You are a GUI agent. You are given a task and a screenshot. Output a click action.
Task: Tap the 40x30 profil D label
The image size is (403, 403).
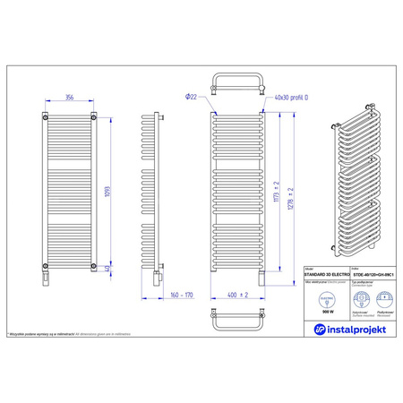pyautogui.click(x=291, y=97)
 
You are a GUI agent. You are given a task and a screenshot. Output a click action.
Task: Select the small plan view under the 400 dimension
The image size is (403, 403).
pyautogui.click(x=237, y=317)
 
